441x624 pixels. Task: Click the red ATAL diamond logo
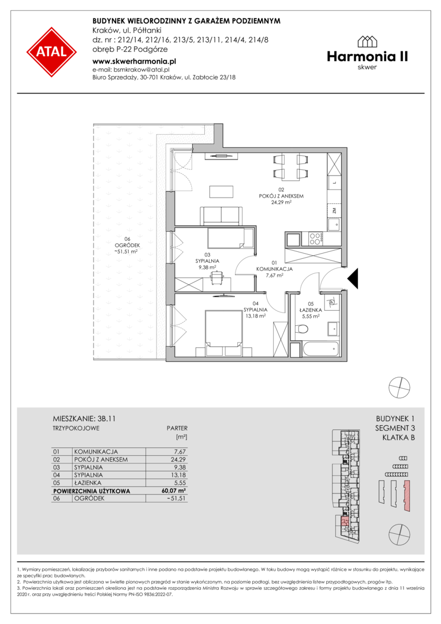pos(52,52)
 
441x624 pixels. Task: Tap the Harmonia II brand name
pos(368,57)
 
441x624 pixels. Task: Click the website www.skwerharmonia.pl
pos(134,61)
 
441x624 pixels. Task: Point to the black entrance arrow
pos(353,278)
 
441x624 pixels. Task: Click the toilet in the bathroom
pos(302,329)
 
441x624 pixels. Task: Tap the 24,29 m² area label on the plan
pos(281,202)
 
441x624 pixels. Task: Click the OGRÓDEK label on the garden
pos(127,246)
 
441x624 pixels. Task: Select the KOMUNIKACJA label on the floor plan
pos(274,269)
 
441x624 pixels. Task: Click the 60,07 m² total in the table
pos(174,491)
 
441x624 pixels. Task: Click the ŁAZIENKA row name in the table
pos(88,482)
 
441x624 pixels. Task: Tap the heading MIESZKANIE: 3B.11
pos(84,419)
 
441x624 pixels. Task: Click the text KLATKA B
pos(398,438)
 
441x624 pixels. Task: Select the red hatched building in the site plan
pos(406,496)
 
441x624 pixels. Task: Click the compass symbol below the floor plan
pos(399,387)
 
